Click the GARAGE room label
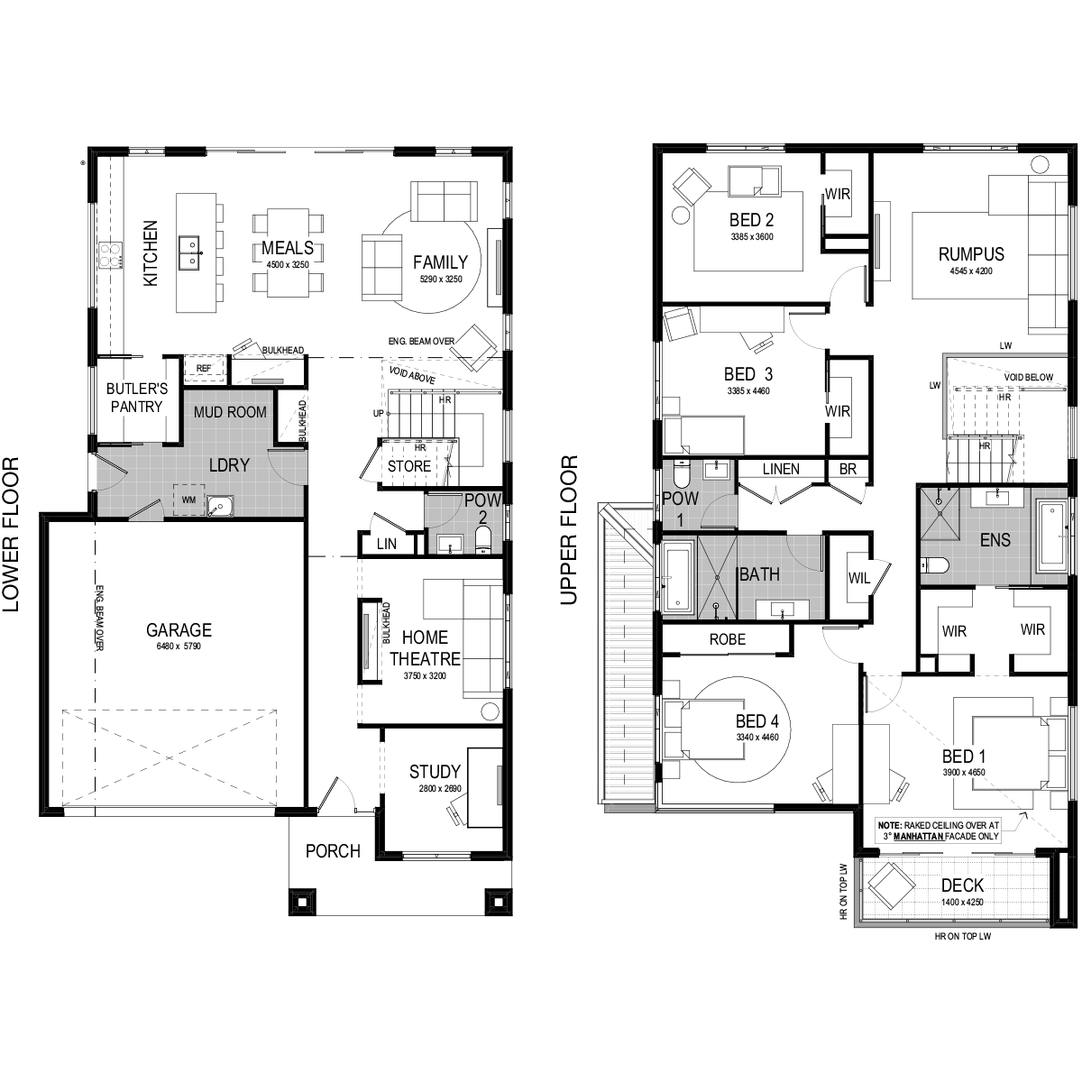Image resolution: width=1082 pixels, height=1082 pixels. pos(179,630)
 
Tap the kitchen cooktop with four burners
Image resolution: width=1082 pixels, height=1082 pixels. pos(111,255)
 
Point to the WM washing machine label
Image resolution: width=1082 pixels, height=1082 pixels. pos(188,500)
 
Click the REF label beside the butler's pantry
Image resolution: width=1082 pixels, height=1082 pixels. pos(204,369)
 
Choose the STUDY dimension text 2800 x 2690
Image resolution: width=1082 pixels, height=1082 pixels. pos(440,789)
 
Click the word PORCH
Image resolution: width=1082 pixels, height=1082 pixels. pos(333,851)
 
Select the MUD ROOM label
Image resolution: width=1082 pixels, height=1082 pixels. pos(230,412)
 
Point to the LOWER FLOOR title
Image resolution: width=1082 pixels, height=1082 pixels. pos(11,534)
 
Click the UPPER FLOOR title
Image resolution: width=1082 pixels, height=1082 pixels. pos(569,530)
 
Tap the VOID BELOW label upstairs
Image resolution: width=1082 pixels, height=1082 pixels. pos(1028,377)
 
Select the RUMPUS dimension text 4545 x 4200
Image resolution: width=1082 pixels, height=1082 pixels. pos(971,270)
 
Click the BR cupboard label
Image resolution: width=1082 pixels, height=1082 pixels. pos(848,469)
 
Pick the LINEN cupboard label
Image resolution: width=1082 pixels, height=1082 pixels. pos(781,469)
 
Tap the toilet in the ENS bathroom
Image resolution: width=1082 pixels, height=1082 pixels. pos(933,564)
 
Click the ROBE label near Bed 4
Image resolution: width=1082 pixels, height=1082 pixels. pos(727,639)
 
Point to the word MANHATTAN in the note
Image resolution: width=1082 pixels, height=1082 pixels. pos(919,836)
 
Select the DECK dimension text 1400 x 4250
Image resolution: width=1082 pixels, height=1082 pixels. pos(962,903)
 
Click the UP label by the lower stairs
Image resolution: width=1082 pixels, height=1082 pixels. pos(379,413)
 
